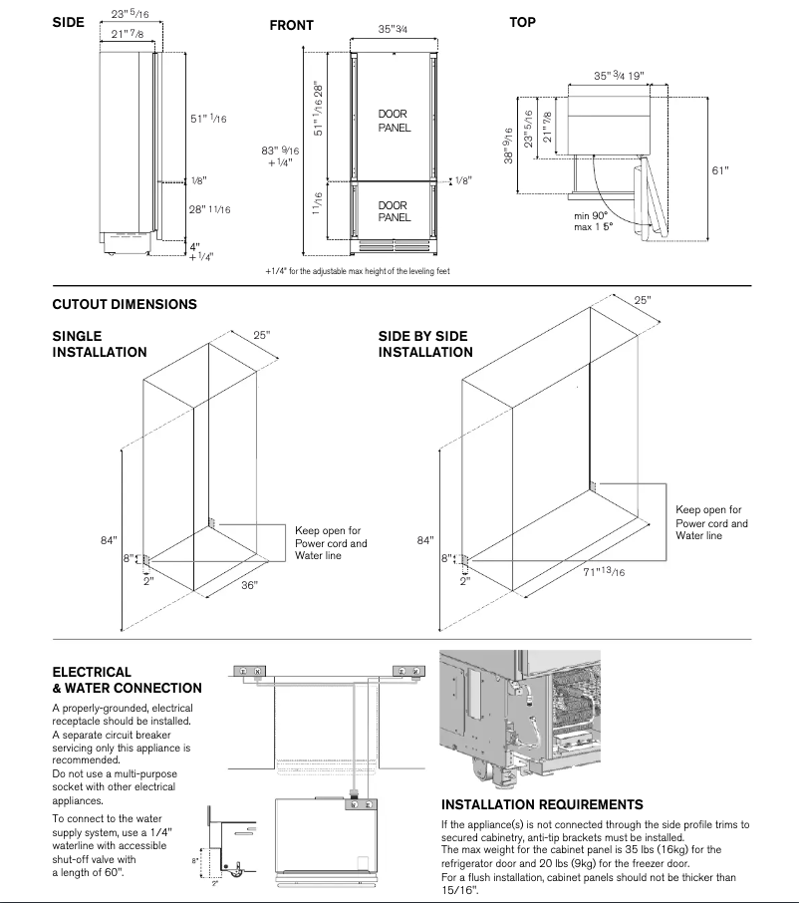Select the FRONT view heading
[291, 25]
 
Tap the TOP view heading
[522, 22]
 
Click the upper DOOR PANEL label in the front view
[395, 121]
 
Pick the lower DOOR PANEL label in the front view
[395, 211]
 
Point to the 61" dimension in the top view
[720, 170]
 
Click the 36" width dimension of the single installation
[249, 585]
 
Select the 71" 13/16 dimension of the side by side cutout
[604, 571]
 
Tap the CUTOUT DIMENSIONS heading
[125, 304]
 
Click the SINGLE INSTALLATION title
[99, 344]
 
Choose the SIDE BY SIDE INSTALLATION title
[425, 344]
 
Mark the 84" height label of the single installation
[109, 540]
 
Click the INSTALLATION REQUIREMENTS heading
[542, 804]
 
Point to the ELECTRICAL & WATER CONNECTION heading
[127, 680]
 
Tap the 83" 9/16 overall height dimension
[278, 156]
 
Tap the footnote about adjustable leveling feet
[358, 271]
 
